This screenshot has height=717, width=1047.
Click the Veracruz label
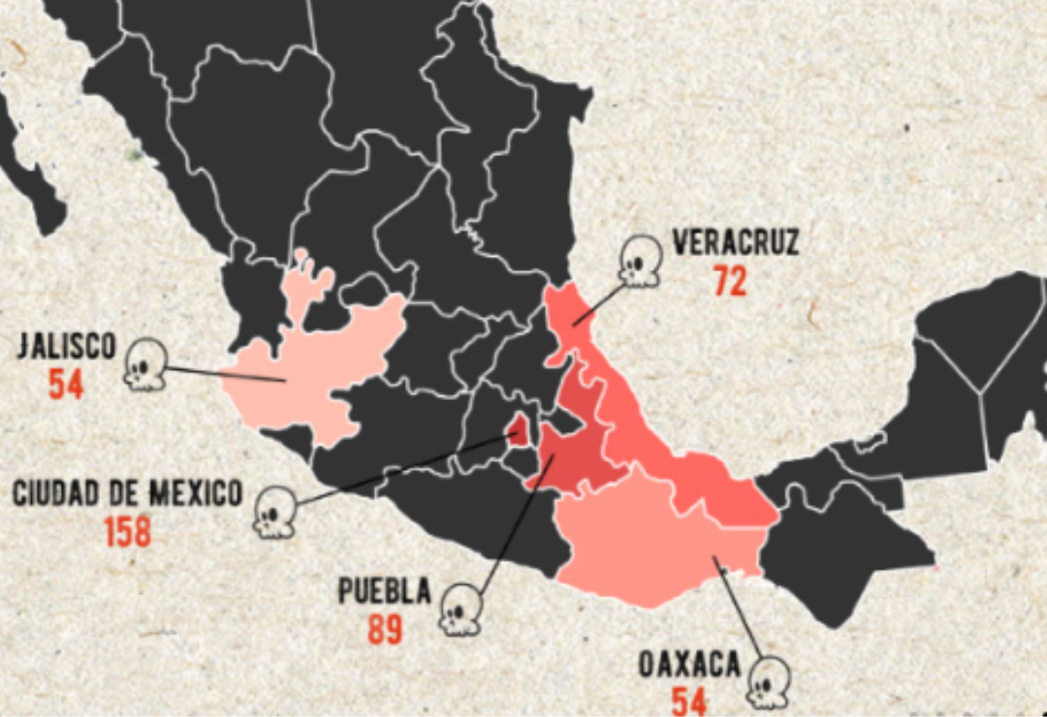(x=736, y=241)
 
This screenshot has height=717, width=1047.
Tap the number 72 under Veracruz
(x=730, y=281)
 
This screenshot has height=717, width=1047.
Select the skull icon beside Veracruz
(x=641, y=261)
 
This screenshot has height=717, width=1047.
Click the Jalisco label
(x=66, y=346)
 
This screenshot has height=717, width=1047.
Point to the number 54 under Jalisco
(x=66, y=385)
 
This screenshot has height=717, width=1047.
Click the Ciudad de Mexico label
(x=127, y=493)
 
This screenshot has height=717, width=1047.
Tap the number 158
(x=128, y=532)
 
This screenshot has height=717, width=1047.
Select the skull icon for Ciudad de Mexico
(x=274, y=511)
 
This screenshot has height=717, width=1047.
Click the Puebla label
(x=384, y=591)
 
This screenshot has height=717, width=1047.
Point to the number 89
(x=385, y=630)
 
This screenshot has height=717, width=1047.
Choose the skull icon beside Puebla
(x=460, y=609)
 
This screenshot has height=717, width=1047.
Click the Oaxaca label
(x=689, y=666)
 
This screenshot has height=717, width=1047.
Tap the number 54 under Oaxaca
(x=689, y=701)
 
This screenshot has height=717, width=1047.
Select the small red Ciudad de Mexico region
(x=520, y=429)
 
